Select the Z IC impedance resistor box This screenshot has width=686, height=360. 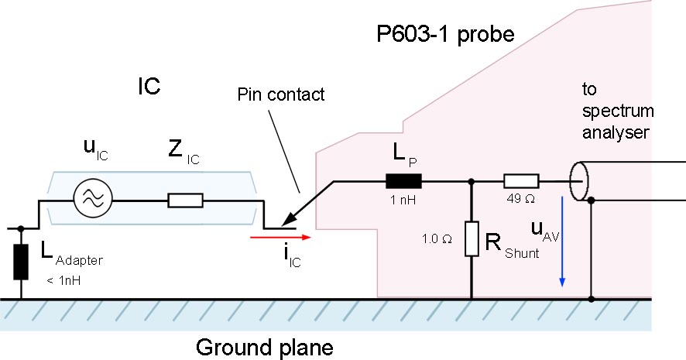point(186,201)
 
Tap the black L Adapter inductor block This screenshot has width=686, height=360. point(20,263)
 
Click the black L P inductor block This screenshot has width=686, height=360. point(403,182)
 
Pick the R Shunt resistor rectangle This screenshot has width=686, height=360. point(472,239)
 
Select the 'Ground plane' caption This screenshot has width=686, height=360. point(264,346)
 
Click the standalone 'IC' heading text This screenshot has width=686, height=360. point(148,86)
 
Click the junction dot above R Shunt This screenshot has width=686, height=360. point(472,183)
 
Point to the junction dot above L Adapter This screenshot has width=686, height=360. point(20,229)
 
